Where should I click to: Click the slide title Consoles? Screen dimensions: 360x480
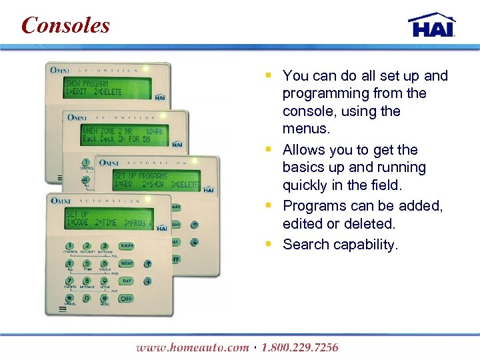click(x=65, y=25)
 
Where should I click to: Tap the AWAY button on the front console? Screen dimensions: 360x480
click(x=127, y=247)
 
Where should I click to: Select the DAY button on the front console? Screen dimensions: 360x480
click(x=127, y=281)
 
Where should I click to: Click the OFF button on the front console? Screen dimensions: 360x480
click(x=127, y=299)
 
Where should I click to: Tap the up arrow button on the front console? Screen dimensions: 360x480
click(x=147, y=264)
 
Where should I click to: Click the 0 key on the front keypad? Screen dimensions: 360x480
click(x=87, y=298)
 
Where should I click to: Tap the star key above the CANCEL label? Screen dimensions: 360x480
click(x=69, y=298)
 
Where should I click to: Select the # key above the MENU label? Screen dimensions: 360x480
click(x=104, y=298)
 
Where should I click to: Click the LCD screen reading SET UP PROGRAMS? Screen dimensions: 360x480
click(x=156, y=179)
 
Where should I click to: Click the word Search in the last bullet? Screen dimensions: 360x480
click(x=305, y=245)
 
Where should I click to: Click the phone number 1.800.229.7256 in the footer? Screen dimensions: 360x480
click(x=299, y=347)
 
